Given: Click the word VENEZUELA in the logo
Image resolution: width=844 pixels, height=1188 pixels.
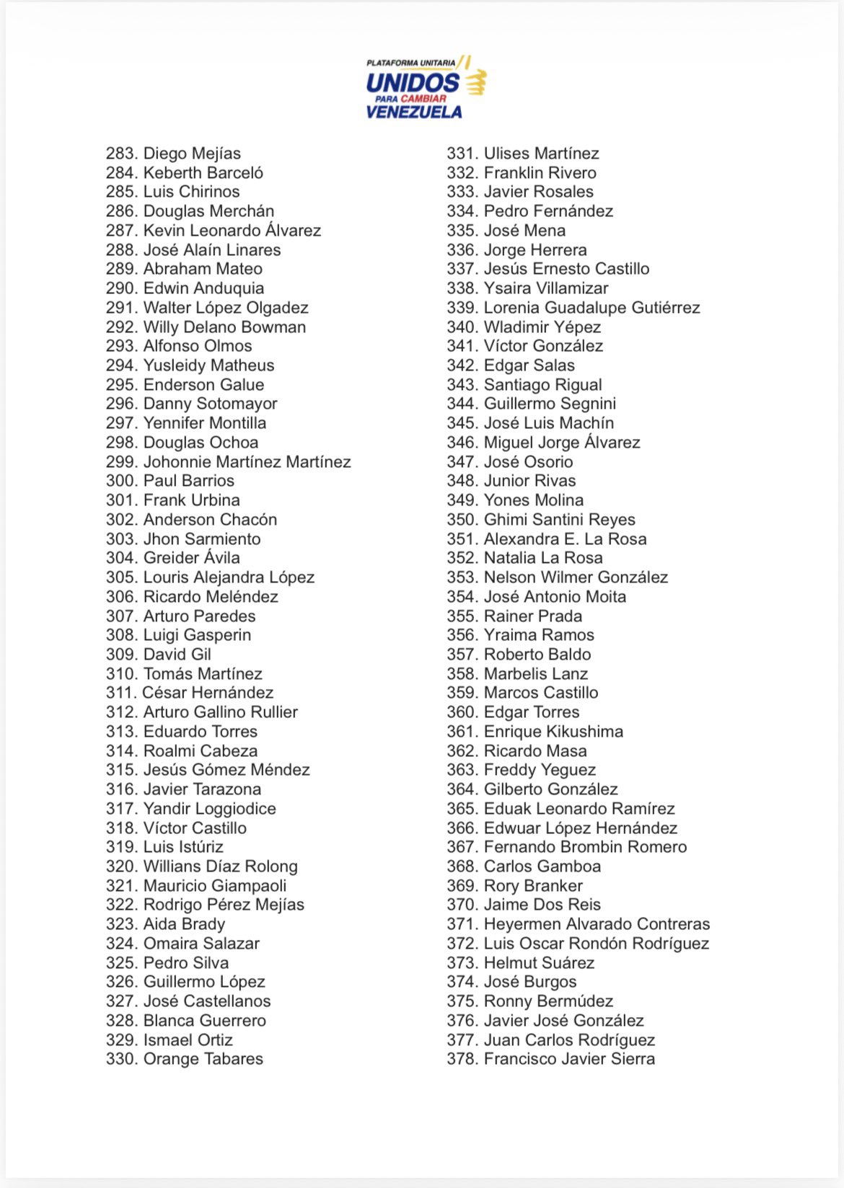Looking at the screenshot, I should pos(414,112).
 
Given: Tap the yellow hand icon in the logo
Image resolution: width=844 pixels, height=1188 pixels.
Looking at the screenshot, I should pos(475,81).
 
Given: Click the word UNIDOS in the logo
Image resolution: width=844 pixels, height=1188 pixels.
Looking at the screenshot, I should pos(413,84).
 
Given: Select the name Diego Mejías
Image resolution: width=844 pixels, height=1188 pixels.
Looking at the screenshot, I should pos(192,154).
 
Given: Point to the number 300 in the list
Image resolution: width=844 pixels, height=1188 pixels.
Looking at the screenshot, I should pos(121,481).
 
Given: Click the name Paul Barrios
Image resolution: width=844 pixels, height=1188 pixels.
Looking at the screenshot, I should pos(189,481).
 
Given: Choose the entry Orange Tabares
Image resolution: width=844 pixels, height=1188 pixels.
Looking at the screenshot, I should pos(203,1059).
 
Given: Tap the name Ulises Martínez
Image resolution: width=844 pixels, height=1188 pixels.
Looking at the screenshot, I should pos(542,154).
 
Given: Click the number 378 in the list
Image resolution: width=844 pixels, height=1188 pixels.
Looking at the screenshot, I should pos(462,1059).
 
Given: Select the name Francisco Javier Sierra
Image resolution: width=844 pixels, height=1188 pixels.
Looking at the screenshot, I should pos(570,1059).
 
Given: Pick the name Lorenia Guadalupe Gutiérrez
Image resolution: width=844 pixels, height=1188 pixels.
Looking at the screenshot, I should pos(592,308).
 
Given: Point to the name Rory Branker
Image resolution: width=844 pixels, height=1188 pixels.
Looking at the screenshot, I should pos(533,886).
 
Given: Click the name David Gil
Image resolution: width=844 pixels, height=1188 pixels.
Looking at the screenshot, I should pos(177,655).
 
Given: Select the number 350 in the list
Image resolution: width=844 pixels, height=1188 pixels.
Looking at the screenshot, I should pos(462,520).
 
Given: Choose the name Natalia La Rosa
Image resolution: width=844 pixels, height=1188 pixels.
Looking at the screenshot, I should pos(543,558).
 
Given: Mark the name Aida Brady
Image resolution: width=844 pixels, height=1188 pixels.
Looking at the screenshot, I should pos(185,924).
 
